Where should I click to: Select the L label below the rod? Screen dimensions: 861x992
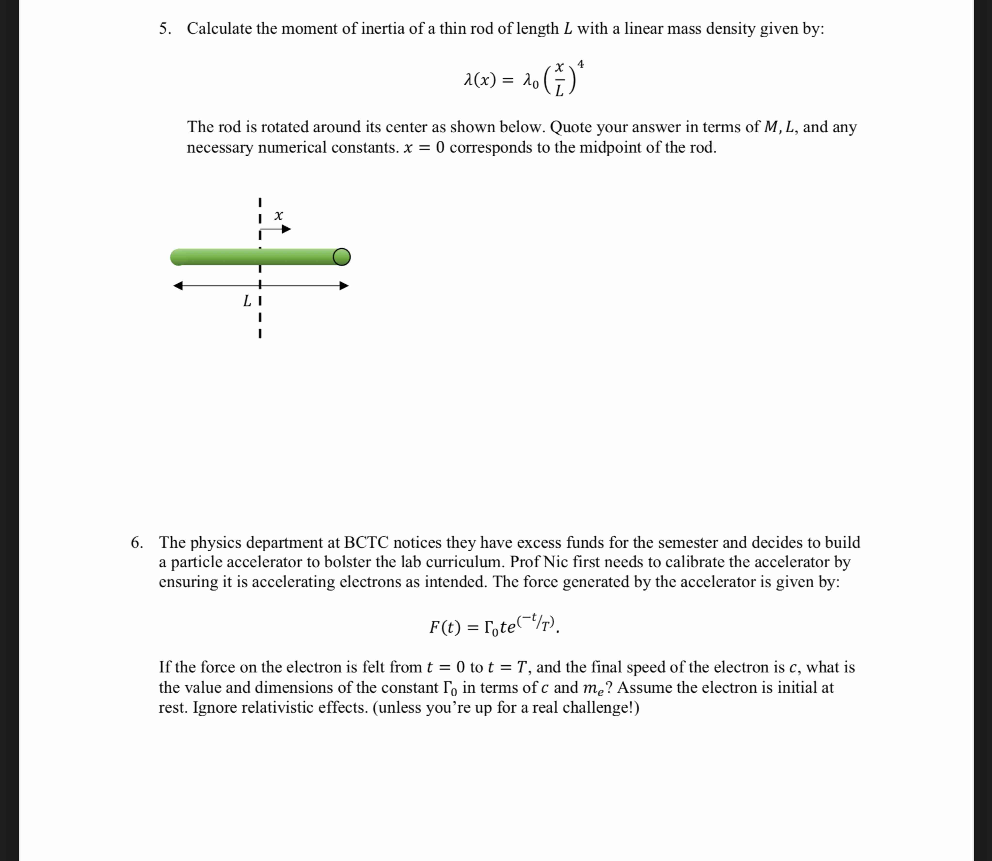(x=247, y=301)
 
